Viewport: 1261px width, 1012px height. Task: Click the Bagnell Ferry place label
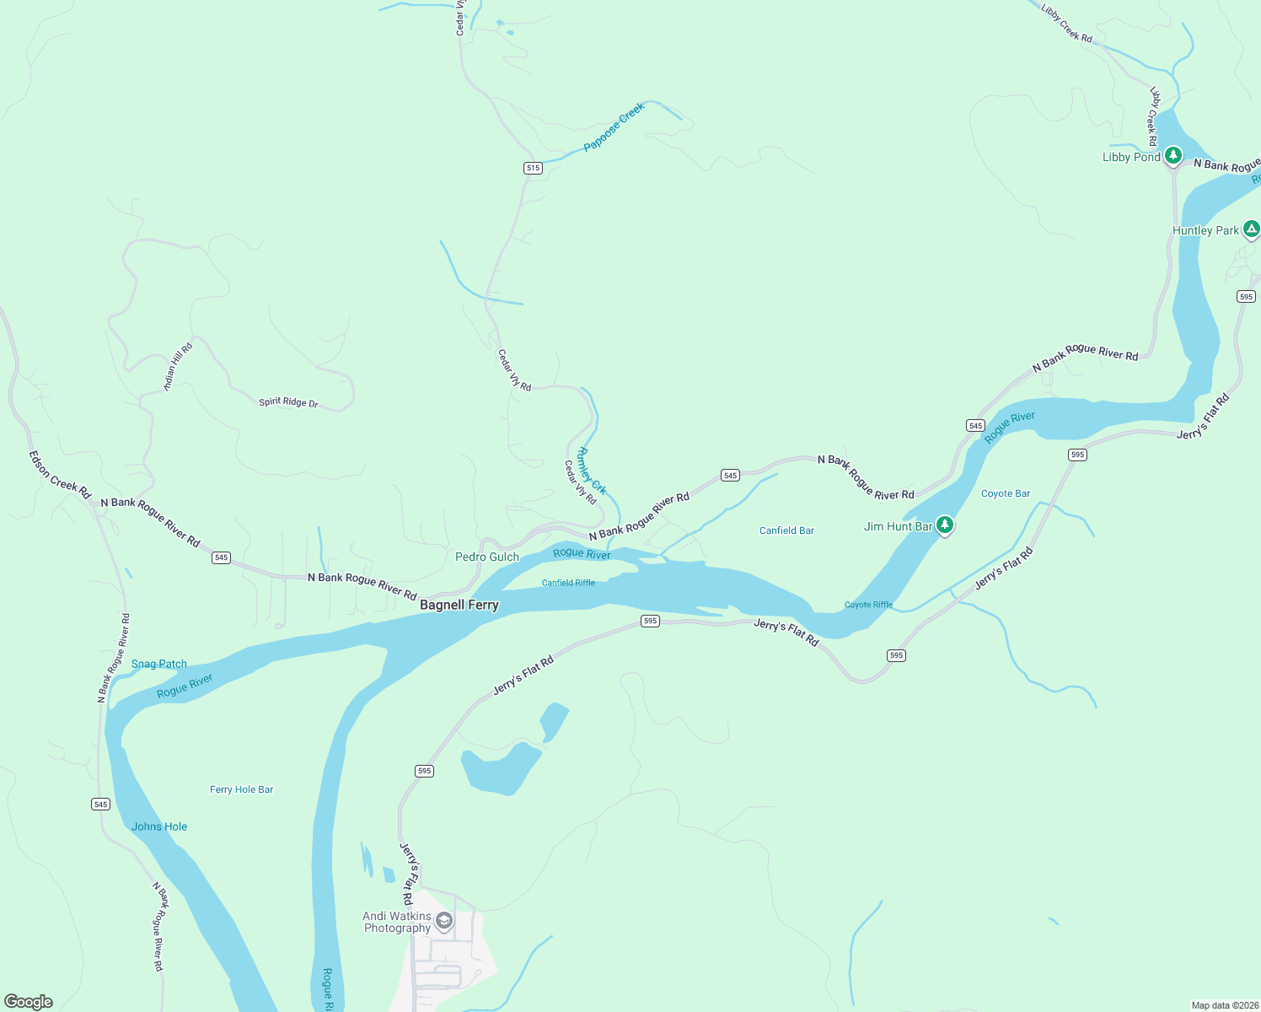pyautogui.click(x=459, y=605)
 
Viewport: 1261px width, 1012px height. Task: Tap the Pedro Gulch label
pyautogui.click(x=487, y=557)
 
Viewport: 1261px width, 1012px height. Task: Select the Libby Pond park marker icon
pyautogui.click(x=1173, y=156)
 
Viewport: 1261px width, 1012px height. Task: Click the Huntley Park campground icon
pyautogui.click(x=1252, y=229)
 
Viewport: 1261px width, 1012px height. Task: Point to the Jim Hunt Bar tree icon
pyautogui.click(x=945, y=525)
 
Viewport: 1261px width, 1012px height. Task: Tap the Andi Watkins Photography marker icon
pyautogui.click(x=444, y=921)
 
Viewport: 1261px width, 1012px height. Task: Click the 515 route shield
pyautogui.click(x=533, y=168)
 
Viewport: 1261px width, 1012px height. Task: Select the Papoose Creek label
pyautogui.click(x=614, y=126)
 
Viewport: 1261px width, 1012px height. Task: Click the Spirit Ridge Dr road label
pyautogui.click(x=288, y=402)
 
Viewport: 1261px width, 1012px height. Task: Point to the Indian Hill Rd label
pyautogui.click(x=178, y=366)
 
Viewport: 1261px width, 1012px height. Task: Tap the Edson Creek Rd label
pyautogui.click(x=59, y=475)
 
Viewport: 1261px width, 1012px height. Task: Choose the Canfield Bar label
pyautogui.click(x=786, y=530)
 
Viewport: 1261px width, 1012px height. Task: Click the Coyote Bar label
pyautogui.click(x=1006, y=493)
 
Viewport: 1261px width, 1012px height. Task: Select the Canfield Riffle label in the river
pyautogui.click(x=568, y=583)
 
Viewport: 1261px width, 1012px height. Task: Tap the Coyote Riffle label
pyautogui.click(x=868, y=605)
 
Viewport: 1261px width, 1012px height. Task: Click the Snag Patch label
pyautogui.click(x=159, y=664)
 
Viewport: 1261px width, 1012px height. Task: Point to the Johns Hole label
pyautogui.click(x=159, y=826)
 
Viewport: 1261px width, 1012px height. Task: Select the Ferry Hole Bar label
pyautogui.click(x=241, y=789)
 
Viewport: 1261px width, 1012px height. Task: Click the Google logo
pyautogui.click(x=29, y=1002)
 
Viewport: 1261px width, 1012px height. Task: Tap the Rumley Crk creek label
pyautogui.click(x=592, y=471)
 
